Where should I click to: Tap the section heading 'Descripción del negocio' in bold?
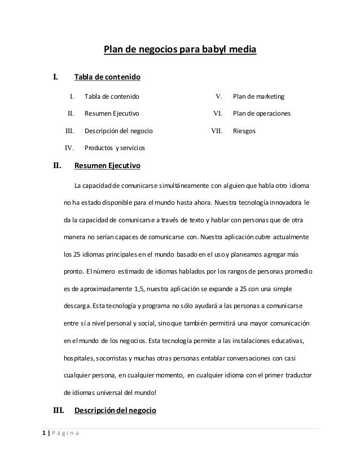(116, 410)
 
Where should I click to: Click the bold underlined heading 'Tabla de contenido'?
(107, 76)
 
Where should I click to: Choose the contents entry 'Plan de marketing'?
(259, 96)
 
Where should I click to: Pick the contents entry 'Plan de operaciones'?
(262, 113)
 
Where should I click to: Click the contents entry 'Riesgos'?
(244, 131)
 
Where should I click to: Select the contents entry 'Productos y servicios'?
(115, 148)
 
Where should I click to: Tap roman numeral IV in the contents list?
(71, 148)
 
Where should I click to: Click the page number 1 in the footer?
(44, 433)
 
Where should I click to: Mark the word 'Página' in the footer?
(66, 433)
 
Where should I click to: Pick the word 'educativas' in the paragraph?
(285, 341)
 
